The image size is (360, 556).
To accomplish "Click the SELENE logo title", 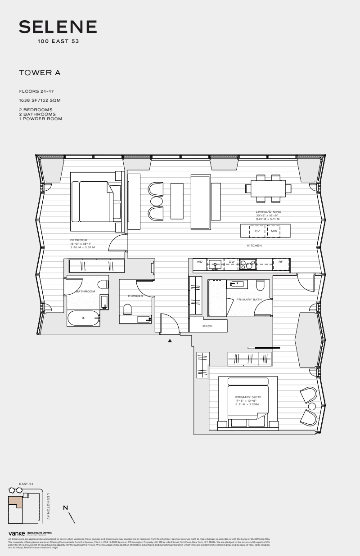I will [58, 27].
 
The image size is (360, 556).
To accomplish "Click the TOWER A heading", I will [40, 72].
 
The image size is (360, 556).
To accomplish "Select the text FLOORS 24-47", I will [36, 91].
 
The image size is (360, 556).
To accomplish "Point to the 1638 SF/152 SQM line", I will [40, 100].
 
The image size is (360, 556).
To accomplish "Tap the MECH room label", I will [207, 326].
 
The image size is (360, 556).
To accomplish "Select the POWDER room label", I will [135, 296].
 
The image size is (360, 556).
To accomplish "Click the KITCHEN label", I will [254, 246].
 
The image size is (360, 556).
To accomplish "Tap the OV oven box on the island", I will [257, 231].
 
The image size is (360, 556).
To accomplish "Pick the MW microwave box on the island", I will [274, 231].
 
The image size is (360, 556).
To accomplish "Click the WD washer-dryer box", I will [200, 261].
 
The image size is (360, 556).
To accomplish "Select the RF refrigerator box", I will [280, 261].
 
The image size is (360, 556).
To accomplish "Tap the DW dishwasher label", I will [232, 261].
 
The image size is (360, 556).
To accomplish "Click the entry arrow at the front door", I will [170, 341].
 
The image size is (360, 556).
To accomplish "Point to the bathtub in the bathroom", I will [84, 318].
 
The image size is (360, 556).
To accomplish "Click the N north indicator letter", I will [65, 508].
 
